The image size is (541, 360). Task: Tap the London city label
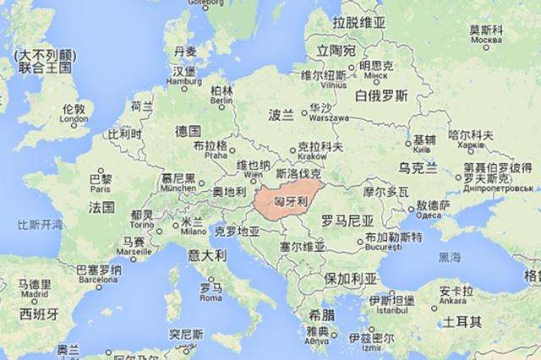[74, 120]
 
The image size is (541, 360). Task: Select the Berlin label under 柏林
[221, 101]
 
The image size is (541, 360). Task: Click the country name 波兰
[281, 114]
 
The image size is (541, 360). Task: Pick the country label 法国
[101, 207]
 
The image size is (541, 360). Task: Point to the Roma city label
[210, 297]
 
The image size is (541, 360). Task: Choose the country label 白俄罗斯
[381, 95]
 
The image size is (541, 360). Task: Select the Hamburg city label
[185, 82]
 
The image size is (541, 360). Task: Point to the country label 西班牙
[40, 314]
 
